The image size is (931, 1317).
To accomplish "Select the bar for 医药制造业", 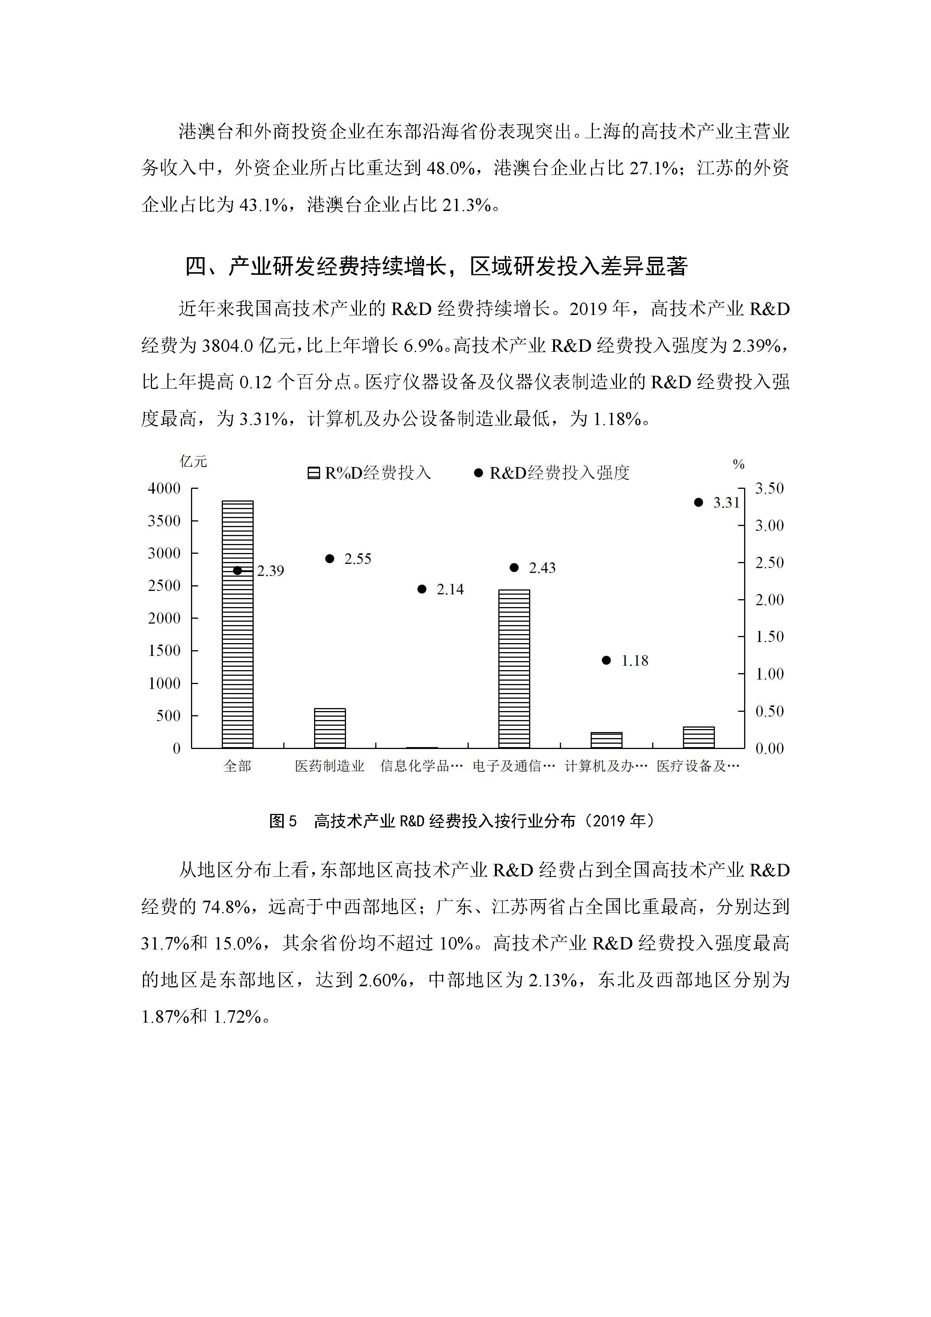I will click(x=329, y=728).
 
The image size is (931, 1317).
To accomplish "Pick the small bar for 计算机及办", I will click(x=606, y=740).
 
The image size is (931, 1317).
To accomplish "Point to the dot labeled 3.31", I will click(x=698, y=502).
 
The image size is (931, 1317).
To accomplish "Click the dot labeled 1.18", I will click(x=606, y=660).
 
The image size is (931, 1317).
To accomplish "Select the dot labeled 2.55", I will click(x=329, y=559).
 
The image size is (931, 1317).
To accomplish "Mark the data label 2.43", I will click(x=542, y=568).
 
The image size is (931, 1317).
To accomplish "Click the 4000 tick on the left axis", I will click(x=164, y=489).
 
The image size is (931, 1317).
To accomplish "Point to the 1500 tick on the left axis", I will click(x=164, y=651).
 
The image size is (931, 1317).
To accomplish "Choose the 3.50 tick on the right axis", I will click(x=769, y=489).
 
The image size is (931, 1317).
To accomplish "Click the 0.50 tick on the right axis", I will click(x=769, y=711).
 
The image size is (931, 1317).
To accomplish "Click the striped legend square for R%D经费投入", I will click(x=314, y=473).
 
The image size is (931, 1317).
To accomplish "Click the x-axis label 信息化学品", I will click(x=421, y=766).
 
